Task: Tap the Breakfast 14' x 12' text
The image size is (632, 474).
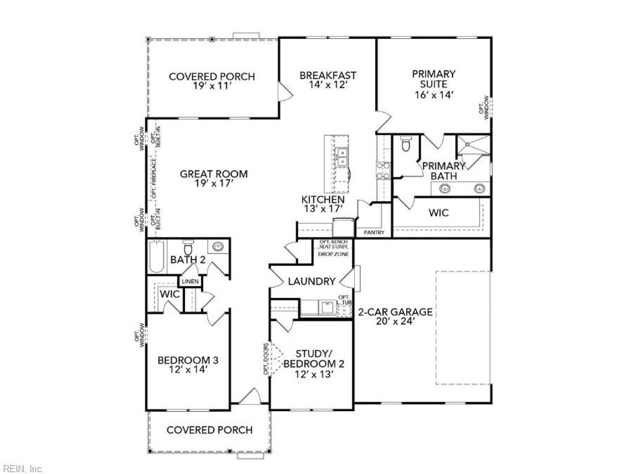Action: [328, 81]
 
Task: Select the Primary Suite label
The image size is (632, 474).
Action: [434, 84]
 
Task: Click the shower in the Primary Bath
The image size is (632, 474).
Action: [472, 147]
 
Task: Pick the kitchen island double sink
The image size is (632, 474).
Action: [341, 158]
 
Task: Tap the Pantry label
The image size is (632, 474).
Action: [374, 233]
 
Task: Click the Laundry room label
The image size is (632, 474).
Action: [312, 281]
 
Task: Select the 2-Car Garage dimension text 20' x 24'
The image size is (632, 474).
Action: [395, 321]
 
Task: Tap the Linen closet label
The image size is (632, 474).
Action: [190, 282]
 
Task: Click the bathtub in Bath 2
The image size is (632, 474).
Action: [156, 258]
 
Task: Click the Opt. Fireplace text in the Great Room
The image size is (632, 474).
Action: [154, 178]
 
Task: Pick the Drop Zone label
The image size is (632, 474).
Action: [333, 254]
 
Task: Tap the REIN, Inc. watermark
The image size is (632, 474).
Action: [23, 468]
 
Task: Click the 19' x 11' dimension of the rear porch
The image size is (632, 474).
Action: [212, 86]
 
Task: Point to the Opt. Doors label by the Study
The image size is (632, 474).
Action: [267, 359]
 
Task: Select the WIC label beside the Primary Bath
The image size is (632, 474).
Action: [439, 213]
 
